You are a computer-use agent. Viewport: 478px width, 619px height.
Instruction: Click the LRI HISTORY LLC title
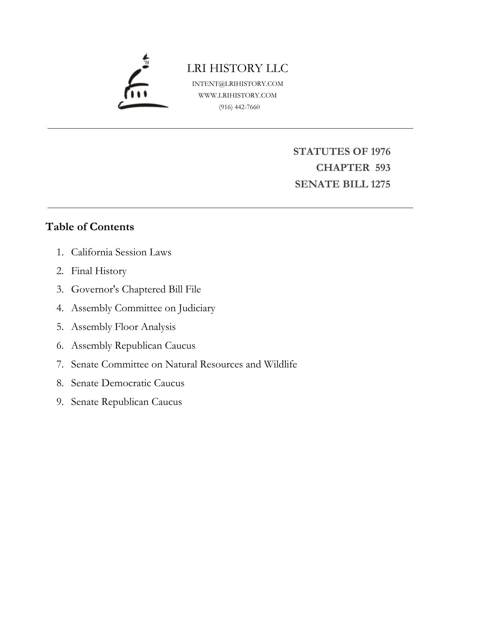pyautogui.click(x=238, y=68)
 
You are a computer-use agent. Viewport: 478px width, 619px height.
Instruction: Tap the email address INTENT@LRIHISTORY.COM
pyautogui.click(x=238, y=84)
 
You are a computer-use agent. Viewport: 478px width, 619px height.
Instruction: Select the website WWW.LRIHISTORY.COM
pyautogui.click(x=238, y=95)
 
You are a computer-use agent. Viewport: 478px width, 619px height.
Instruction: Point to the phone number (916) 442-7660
pyautogui.click(x=239, y=107)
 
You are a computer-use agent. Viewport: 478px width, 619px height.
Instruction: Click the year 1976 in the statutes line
pyautogui.click(x=380, y=151)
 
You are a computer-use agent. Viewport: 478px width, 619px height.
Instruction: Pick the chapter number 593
pyautogui.click(x=382, y=168)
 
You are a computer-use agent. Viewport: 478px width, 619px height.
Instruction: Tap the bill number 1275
pyautogui.click(x=380, y=184)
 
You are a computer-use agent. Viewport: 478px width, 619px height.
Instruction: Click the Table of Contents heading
pyautogui.click(x=90, y=227)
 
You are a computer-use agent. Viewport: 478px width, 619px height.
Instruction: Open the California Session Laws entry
pyautogui.click(x=121, y=252)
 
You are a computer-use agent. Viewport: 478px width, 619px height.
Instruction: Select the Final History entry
pyautogui.click(x=99, y=271)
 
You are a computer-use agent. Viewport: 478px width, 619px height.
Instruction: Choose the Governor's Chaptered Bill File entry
pyautogui.click(x=136, y=289)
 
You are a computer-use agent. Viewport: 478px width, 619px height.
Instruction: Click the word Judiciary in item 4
pyautogui.click(x=197, y=308)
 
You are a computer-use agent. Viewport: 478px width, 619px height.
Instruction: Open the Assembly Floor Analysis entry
pyautogui.click(x=123, y=327)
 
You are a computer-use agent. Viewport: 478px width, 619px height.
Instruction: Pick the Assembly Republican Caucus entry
pyautogui.click(x=133, y=346)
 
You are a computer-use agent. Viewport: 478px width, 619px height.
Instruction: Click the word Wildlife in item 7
pyautogui.click(x=280, y=364)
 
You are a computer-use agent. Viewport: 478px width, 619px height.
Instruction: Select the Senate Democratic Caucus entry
pyautogui.click(x=128, y=383)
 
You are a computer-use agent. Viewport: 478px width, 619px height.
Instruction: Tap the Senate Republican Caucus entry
pyautogui.click(x=126, y=402)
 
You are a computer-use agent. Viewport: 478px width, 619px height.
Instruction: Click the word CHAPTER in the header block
pyautogui.click(x=342, y=168)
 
